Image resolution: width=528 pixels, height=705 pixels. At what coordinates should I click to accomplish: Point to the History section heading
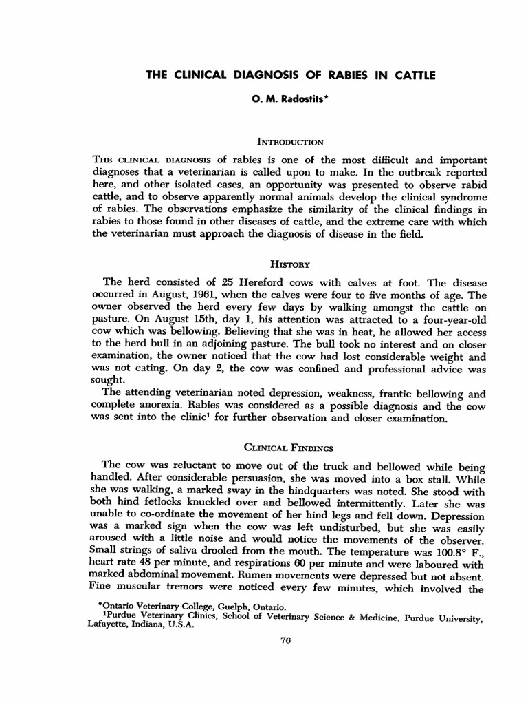point(289,264)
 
